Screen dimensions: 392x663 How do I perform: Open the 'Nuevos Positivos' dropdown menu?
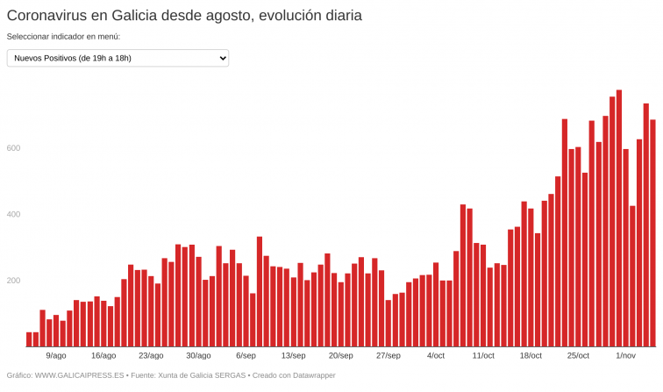[x=118, y=58]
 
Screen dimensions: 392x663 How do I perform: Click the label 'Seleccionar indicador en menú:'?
[x=63, y=37]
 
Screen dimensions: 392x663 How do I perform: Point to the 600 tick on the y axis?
[x=13, y=147]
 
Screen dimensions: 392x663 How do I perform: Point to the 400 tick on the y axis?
[x=13, y=214]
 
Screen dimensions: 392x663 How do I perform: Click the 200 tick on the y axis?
[x=13, y=281]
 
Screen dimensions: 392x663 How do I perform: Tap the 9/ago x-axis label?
[x=56, y=355]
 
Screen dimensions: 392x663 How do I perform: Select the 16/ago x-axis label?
[x=103, y=355]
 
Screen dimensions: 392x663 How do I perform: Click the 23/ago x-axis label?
[x=151, y=355]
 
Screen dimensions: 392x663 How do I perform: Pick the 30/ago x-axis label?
[x=198, y=355]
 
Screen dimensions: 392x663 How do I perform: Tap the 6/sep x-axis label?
[x=246, y=355]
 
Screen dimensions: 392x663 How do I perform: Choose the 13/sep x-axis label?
[x=293, y=355]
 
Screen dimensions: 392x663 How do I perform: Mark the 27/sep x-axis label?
[x=388, y=355]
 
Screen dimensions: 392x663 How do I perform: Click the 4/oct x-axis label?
[x=436, y=355]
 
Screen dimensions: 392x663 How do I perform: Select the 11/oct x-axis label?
[x=483, y=355]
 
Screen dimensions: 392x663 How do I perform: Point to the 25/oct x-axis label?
[x=578, y=355]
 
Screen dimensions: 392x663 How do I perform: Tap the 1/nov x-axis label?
[x=625, y=355]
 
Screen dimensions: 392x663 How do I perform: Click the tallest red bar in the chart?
[x=619, y=219]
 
